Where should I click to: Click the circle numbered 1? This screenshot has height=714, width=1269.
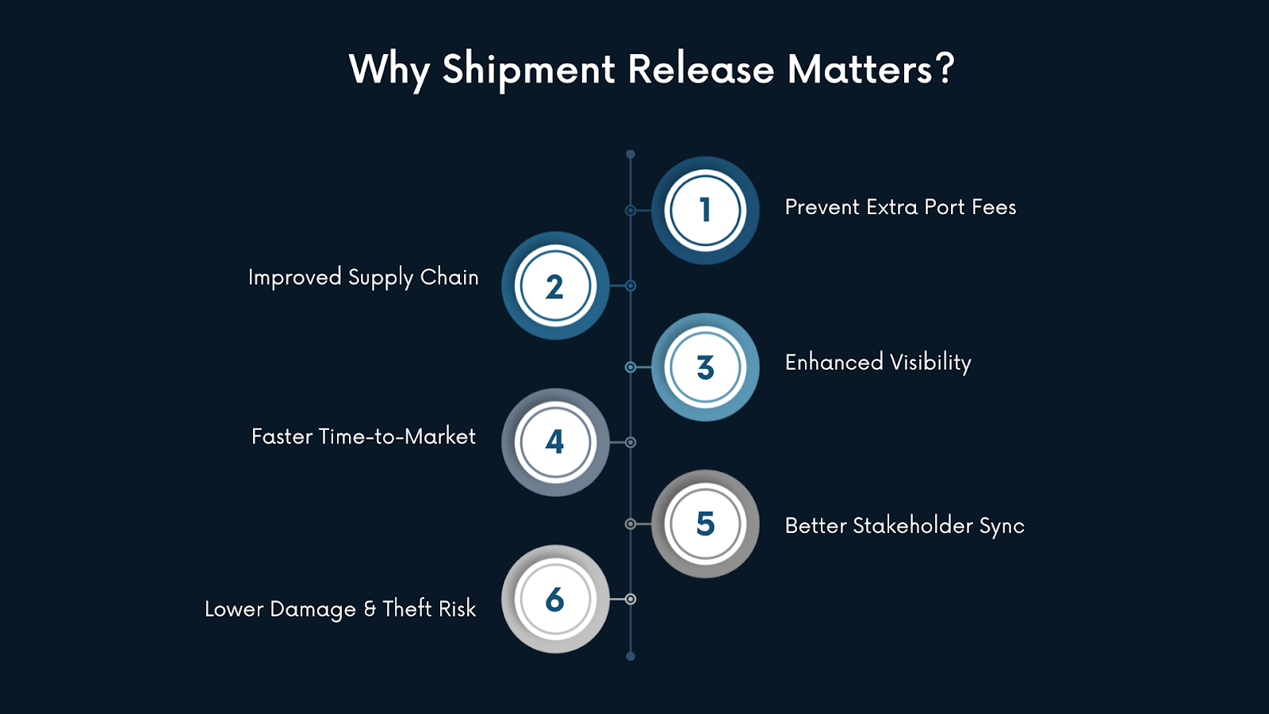(x=705, y=210)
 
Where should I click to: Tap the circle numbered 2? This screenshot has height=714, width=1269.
(x=555, y=286)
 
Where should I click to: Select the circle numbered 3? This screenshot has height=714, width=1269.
(x=705, y=367)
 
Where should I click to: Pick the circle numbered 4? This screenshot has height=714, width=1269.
(x=555, y=442)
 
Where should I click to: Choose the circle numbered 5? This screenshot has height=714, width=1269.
(x=705, y=524)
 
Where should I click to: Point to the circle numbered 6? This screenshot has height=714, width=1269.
(x=555, y=599)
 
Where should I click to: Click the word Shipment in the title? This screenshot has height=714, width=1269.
(x=528, y=70)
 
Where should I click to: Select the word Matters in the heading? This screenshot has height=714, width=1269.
(x=860, y=69)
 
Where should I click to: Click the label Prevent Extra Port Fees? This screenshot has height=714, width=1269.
(x=900, y=207)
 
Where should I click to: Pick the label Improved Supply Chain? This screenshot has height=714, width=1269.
(x=363, y=278)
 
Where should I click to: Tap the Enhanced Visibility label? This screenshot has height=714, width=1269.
(x=878, y=363)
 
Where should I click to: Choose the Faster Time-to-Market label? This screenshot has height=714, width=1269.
(x=363, y=436)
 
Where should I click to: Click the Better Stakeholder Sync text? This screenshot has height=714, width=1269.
(x=904, y=526)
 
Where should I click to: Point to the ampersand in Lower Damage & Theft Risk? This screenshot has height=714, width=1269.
(x=370, y=608)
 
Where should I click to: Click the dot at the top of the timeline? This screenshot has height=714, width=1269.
(x=631, y=154)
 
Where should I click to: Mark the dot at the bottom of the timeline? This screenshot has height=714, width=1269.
(x=631, y=656)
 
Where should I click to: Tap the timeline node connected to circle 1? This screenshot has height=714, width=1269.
(x=631, y=210)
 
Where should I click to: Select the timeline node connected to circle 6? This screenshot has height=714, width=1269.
(x=631, y=599)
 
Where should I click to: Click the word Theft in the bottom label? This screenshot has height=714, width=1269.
(x=407, y=608)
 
